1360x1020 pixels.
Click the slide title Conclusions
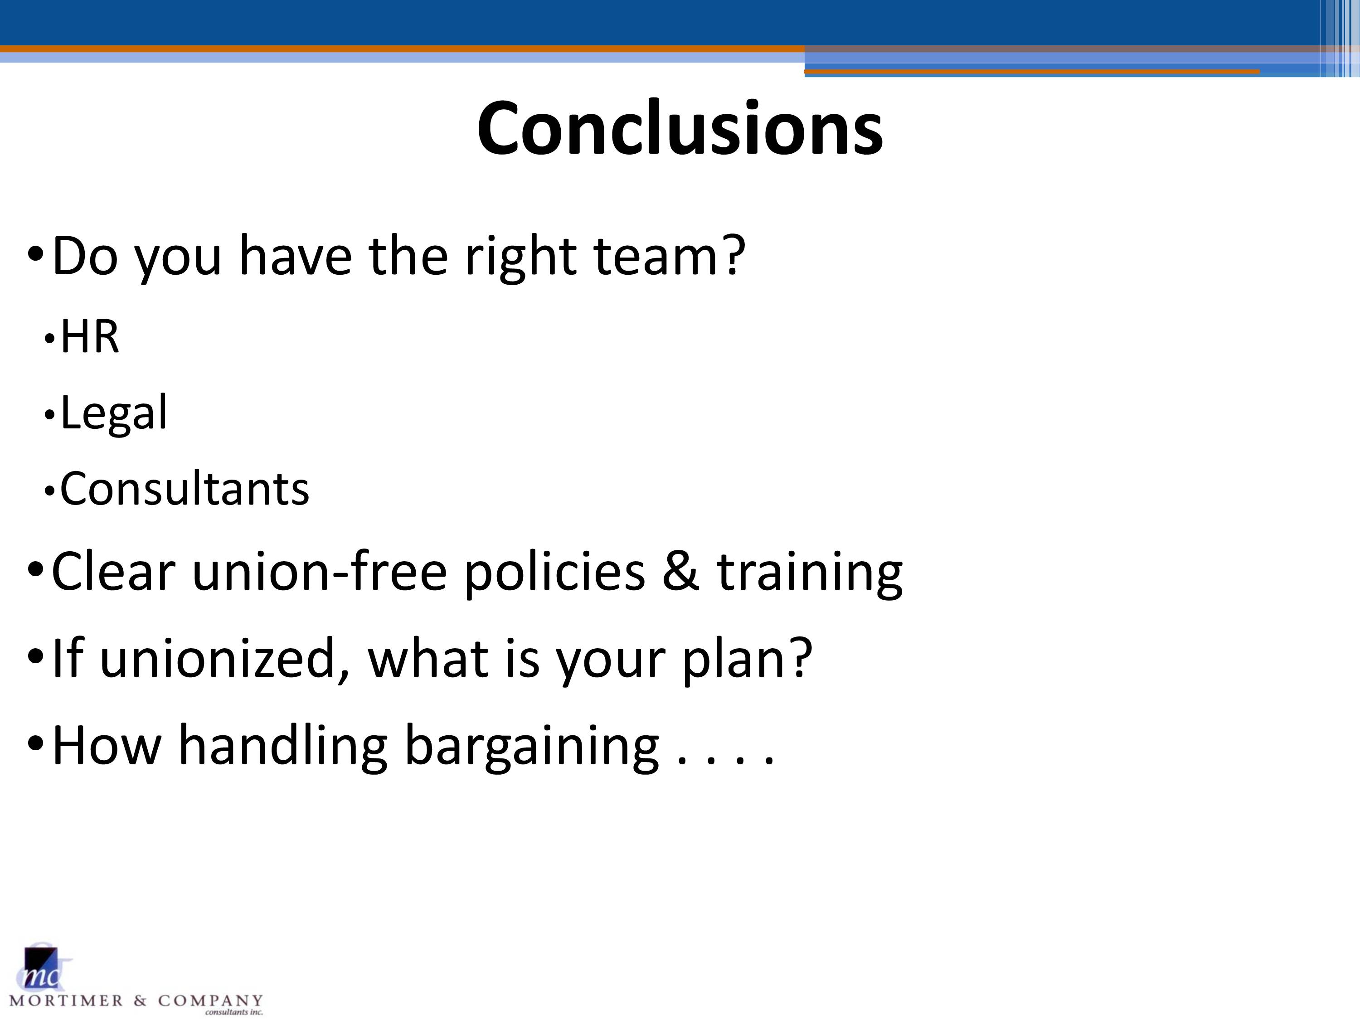click(x=680, y=128)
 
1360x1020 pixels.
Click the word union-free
click(x=319, y=571)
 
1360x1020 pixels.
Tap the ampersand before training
click(x=680, y=572)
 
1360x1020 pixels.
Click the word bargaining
click(x=532, y=747)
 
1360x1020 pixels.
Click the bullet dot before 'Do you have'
click(x=36, y=253)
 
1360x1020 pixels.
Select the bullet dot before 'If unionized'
click(x=36, y=656)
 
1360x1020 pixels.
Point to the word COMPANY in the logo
click(x=210, y=1001)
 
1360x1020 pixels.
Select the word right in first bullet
click(x=520, y=258)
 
